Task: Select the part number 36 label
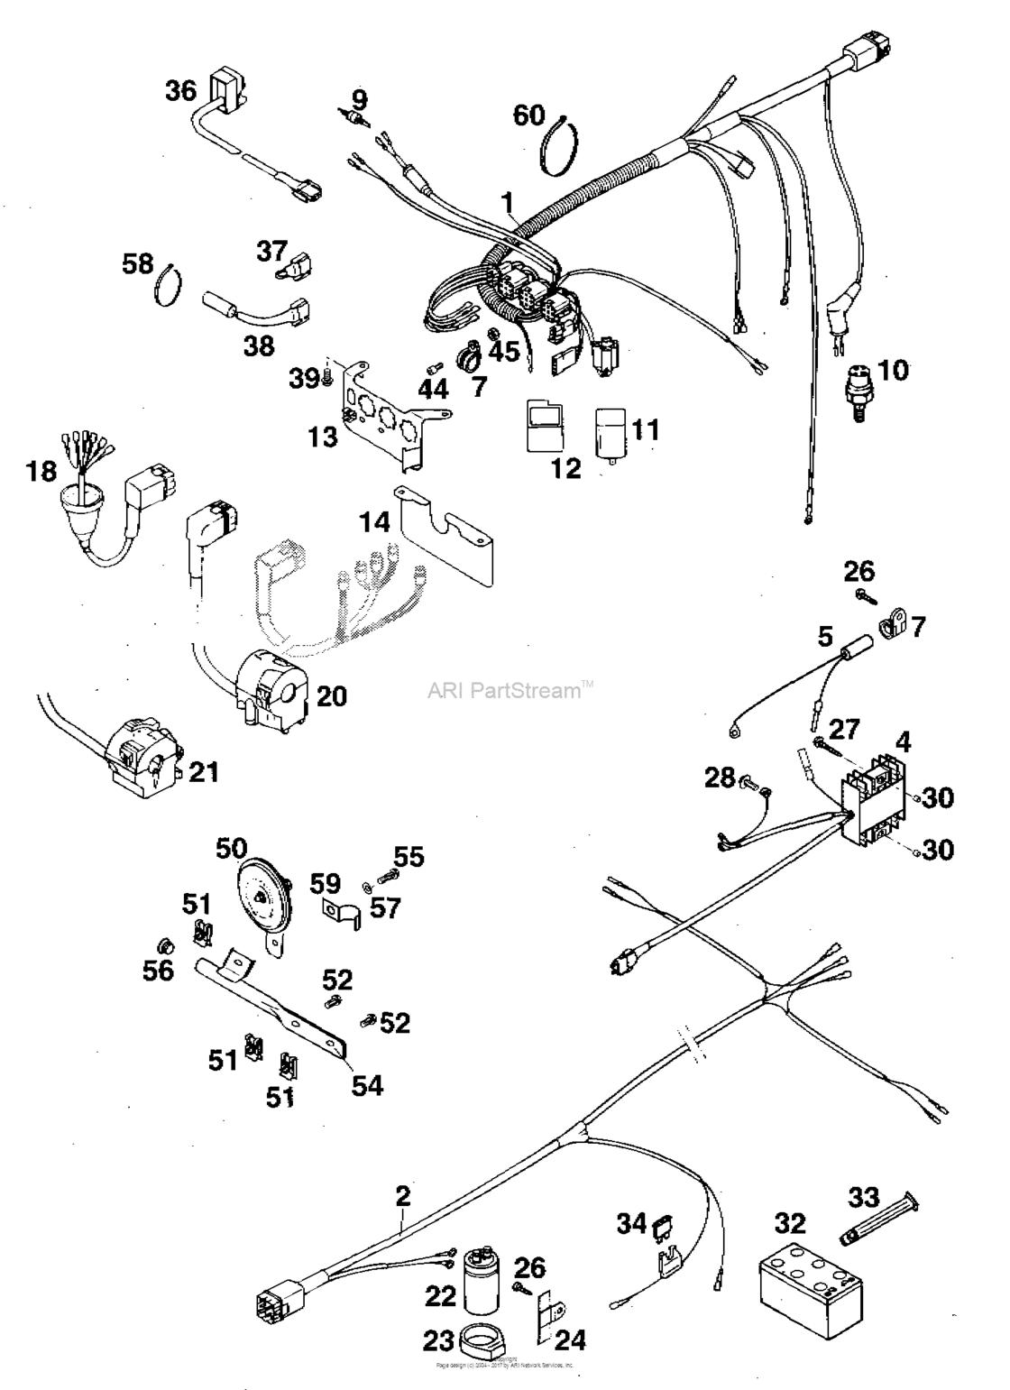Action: (179, 91)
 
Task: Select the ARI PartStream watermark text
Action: (510, 692)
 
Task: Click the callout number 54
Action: (367, 1085)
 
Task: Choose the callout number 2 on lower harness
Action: (402, 1197)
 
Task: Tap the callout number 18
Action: (41, 471)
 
